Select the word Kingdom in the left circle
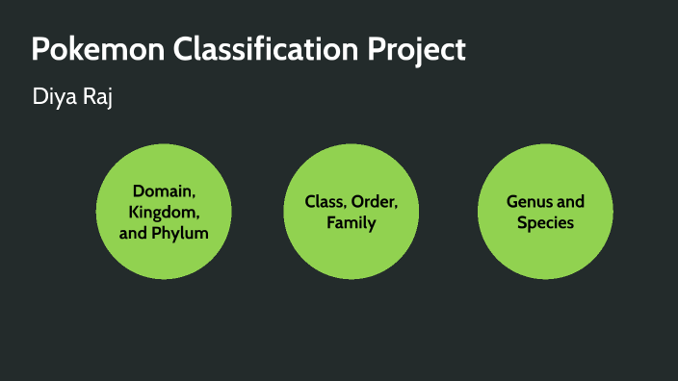(x=165, y=211)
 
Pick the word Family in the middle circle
(x=351, y=223)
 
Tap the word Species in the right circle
(x=545, y=223)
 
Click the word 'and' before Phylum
(x=132, y=232)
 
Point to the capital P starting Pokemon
(x=39, y=50)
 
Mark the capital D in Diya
(x=39, y=98)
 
